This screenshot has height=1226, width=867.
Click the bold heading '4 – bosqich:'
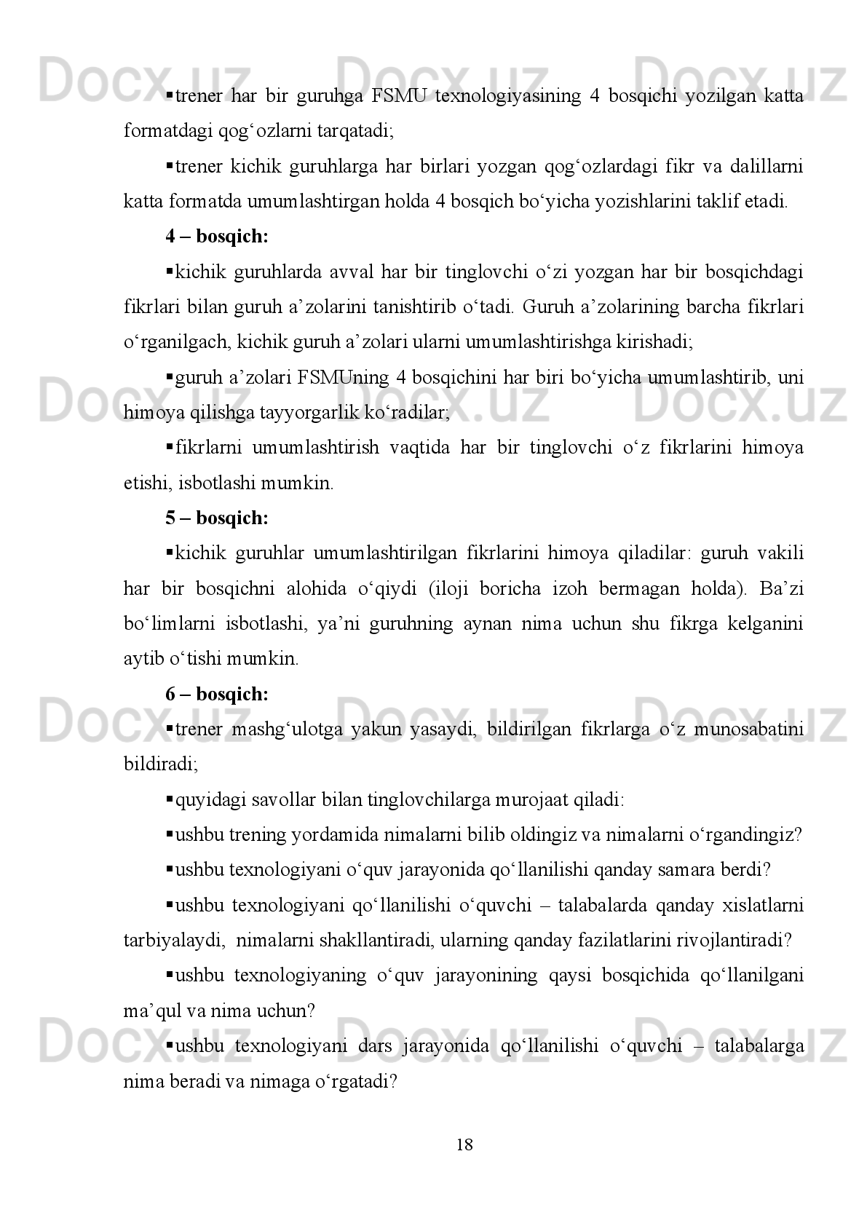click(x=217, y=237)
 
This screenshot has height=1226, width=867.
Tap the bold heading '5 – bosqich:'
click(x=217, y=518)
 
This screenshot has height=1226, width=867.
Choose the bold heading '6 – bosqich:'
click(x=217, y=695)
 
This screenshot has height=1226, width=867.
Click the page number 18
click(x=464, y=1145)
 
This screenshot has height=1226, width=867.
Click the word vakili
click(x=781, y=553)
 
